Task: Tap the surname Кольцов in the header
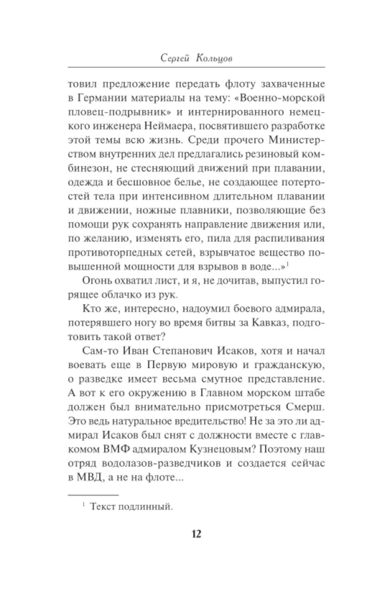click(214, 58)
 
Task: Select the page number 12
click(196, 533)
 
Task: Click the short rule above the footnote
click(94, 495)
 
